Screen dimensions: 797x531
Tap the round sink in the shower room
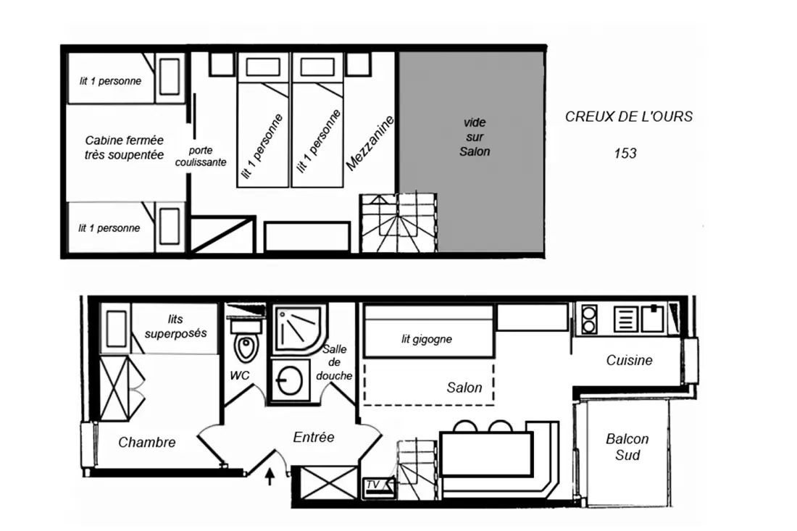pos(288,380)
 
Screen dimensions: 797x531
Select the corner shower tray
pos(299,329)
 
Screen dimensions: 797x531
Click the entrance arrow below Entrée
pos(270,477)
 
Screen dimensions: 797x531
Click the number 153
pos(625,153)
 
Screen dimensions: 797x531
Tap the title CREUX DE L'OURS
pos(629,117)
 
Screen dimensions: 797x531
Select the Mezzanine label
pos(370,143)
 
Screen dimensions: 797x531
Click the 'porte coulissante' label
pos(201,156)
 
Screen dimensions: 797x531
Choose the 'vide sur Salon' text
pos(475,137)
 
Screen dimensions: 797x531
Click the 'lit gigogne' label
pos(427,339)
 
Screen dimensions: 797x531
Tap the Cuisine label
pos(629,360)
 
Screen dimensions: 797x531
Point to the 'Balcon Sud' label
pos(627,447)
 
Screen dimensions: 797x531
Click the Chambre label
pos(147,442)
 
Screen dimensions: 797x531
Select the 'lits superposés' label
pos(176,326)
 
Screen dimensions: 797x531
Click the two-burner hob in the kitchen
pos(588,319)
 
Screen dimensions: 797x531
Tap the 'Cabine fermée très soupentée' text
pos(124,147)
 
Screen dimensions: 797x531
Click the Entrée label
pos(314,437)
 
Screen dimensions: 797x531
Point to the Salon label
pos(464,388)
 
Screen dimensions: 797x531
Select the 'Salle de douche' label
pos(334,362)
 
